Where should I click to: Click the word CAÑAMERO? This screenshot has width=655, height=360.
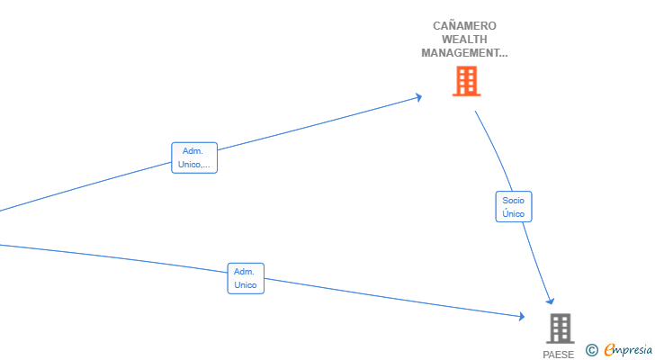coord(464,26)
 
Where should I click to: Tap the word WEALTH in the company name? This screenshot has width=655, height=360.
coord(464,40)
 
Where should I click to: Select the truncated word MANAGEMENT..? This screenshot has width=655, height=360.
coord(464,53)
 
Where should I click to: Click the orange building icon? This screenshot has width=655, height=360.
coord(466,82)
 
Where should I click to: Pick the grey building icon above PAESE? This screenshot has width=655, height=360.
coord(560,328)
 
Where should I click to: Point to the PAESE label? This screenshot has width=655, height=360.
coord(558,355)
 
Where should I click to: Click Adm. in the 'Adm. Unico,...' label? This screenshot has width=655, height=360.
coord(193,151)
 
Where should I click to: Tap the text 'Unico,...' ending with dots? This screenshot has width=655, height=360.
coord(194,165)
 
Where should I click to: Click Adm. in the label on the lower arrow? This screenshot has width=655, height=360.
coord(245,272)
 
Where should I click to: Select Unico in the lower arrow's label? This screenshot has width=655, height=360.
coord(246,285)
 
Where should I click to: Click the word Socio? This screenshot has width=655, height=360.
coord(514,200)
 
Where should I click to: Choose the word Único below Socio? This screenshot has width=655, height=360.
coord(514,214)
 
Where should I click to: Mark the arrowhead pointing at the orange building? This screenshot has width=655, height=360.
coord(418,97)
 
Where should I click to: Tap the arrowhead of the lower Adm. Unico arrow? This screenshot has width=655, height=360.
coord(521,316)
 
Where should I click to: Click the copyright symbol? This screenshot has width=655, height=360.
coord(592,350)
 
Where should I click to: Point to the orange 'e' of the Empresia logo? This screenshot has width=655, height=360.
coord(609,350)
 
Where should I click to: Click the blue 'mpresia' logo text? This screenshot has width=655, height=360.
coord(634,350)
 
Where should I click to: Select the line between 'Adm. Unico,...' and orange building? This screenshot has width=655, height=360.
coord(315,125)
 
